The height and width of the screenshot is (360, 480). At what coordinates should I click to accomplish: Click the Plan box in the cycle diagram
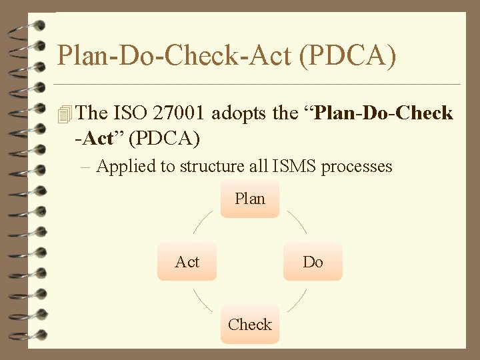[x=250, y=199]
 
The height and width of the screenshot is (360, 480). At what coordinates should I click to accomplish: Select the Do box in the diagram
[x=313, y=261]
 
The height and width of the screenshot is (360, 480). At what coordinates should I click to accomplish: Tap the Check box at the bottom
[x=250, y=325]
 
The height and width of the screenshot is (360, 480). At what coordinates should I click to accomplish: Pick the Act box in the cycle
[x=187, y=261]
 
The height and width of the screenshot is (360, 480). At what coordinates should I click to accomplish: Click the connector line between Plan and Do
[x=296, y=223]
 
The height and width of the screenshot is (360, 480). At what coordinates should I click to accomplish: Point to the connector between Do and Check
[x=296, y=301]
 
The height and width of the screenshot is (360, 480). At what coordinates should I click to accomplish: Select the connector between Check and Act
[x=204, y=301]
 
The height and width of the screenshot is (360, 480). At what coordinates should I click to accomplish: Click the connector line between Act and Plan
[x=204, y=223]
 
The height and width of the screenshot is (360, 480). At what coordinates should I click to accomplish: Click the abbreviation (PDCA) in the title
[x=347, y=56]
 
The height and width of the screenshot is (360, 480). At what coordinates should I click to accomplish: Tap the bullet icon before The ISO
[x=64, y=115]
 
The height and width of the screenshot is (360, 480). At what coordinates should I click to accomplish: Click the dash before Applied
[x=87, y=166]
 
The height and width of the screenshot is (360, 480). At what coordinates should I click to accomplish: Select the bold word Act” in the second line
[x=103, y=139]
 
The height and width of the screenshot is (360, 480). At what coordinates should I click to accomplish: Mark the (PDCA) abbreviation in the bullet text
[x=164, y=139]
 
